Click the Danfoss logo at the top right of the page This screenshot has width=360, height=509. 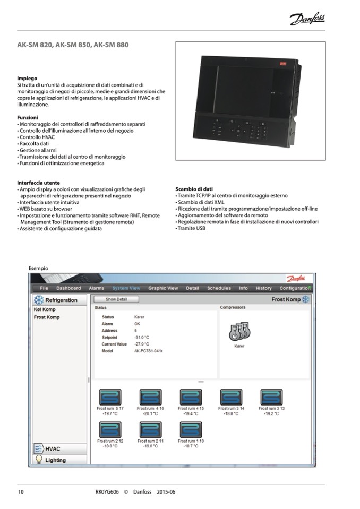click(307, 20)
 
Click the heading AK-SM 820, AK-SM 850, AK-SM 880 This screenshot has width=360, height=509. click(73, 45)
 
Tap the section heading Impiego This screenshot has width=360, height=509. click(27, 78)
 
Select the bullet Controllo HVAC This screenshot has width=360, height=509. click(37, 137)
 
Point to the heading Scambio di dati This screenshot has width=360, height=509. click(194, 189)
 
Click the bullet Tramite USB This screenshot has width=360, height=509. click(192, 228)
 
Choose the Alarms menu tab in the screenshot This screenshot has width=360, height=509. click(96, 288)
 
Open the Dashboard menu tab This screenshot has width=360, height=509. click(68, 288)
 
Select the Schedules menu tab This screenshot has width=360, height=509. click(219, 288)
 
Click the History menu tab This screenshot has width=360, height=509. click(263, 288)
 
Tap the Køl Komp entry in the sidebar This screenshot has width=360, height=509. click(45, 309)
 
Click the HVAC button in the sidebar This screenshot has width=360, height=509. click(53, 449)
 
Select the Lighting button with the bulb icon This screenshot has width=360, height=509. click(55, 460)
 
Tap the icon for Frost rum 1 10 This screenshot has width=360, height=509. click(191, 430)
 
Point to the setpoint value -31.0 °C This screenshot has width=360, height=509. click(142, 337)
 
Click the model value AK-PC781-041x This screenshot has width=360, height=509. click(149, 351)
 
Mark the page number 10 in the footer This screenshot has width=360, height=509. click(21, 492)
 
